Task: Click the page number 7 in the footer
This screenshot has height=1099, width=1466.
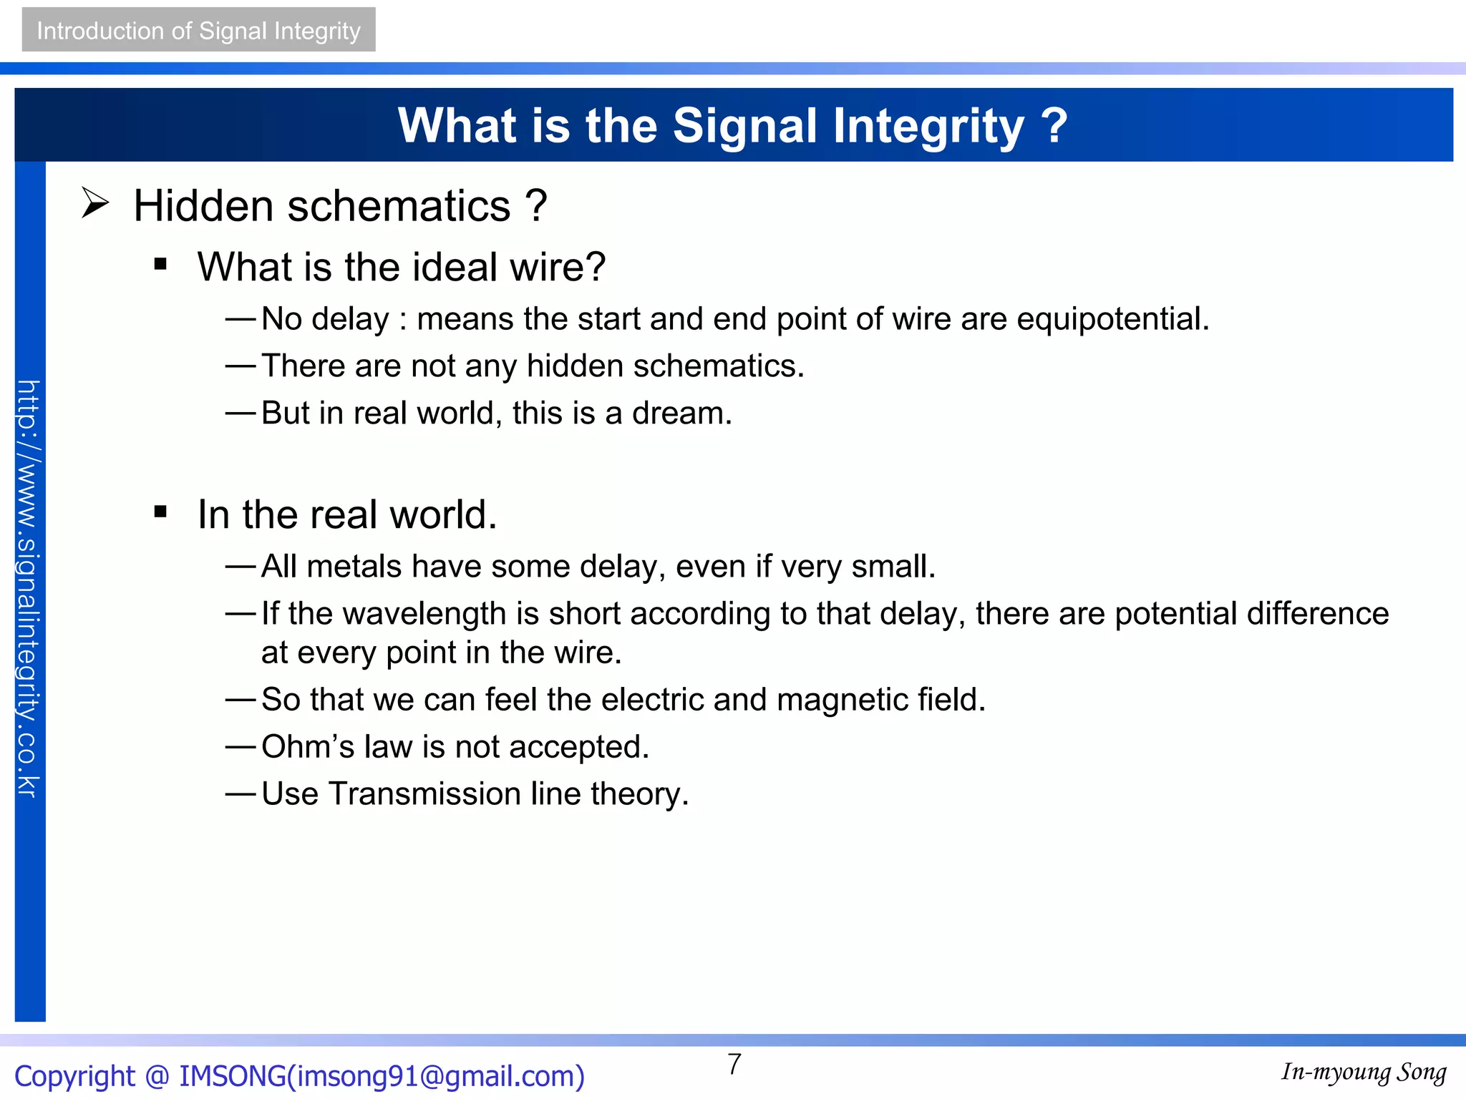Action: coord(734,1065)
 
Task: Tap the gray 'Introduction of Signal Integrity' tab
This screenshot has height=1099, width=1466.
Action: coord(198,30)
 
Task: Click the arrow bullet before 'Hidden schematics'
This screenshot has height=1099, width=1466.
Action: coord(94,203)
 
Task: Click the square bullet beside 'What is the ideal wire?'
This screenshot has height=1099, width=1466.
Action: coord(160,265)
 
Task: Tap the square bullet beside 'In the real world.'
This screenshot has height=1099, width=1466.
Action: coord(160,512)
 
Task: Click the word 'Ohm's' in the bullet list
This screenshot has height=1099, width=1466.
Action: coord(307,747)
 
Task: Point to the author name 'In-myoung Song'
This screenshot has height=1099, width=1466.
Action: coord(1364,1072)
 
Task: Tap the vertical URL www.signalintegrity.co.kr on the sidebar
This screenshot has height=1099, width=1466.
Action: coord(29,588)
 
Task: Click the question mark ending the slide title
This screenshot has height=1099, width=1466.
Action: coord(1054,126)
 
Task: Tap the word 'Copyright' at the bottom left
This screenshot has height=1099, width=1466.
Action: coord(74,1076)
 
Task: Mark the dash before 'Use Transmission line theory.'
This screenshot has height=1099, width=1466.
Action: coord(241,794)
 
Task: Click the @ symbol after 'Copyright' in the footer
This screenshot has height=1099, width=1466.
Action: coord(157,1076)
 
